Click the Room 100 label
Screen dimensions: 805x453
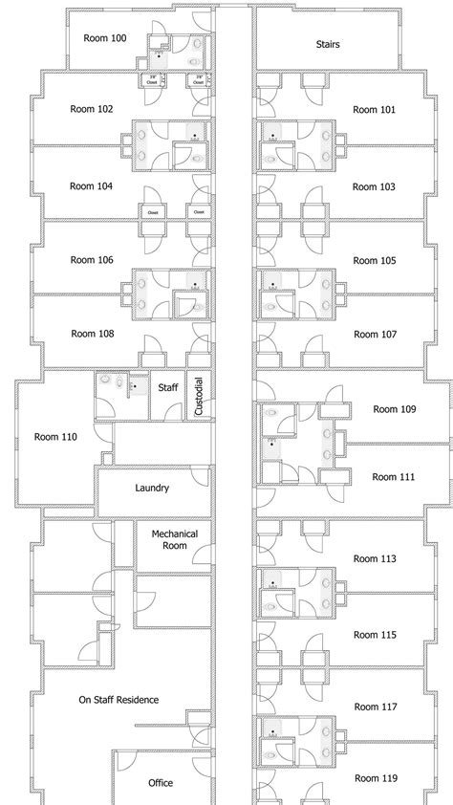click(105, 39)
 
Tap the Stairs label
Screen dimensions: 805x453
click(328, 44)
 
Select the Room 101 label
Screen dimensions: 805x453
click(374, 110)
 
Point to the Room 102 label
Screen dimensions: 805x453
click(92, 109)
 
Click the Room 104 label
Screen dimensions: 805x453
click(92, 186)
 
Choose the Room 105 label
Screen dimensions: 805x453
click(374, 260)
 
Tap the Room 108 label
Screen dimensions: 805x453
click(92, 334)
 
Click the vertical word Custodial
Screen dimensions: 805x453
click(200, 395)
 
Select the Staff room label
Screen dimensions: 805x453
click(168, 387)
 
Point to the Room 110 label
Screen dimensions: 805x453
click(55, 437)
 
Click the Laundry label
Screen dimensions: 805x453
click(153, 488)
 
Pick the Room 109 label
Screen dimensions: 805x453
click(394, 409)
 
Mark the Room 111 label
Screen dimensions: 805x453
click(394, 476)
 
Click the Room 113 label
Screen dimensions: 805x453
click(375, 558)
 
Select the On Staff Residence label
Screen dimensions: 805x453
click(119, 700)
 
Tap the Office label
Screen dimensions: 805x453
click(161, 782)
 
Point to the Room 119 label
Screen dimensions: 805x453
click(375, 778)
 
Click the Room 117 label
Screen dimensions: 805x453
click(375, 707)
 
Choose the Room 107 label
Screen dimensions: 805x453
click(375, 335)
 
